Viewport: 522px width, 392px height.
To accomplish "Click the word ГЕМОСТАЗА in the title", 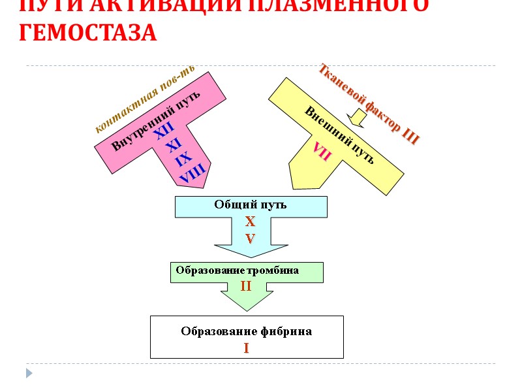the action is [x=88, y=32].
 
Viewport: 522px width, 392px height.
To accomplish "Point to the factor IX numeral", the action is [x=183, y=159].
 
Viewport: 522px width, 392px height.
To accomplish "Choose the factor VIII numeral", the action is [x=192, y=173].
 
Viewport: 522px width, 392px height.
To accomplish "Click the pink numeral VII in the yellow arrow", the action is [x=322, y=151].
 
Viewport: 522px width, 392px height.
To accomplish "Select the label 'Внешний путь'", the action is [x=339, y=135].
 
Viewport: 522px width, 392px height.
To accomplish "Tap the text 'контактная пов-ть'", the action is [x=145, y=100].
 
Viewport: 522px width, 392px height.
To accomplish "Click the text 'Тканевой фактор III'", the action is [x=369, y=104].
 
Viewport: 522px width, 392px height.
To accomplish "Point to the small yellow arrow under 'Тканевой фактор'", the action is [x=358, y=118].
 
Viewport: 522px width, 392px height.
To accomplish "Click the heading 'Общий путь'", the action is [x=251, y=204].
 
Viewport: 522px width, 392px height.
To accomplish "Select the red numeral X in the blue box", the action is [x=250, y=222].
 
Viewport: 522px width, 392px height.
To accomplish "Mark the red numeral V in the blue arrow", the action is [x=250, y=238].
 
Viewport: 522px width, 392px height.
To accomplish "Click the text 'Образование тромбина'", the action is [x=238, y=270].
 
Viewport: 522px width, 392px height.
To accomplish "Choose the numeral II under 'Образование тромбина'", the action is [x=246, y=286].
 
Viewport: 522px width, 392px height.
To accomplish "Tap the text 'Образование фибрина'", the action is [x=246, y=331].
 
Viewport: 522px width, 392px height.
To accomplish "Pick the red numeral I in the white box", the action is [x=247, y=348].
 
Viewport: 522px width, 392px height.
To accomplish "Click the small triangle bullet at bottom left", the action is [x=29, y=373].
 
